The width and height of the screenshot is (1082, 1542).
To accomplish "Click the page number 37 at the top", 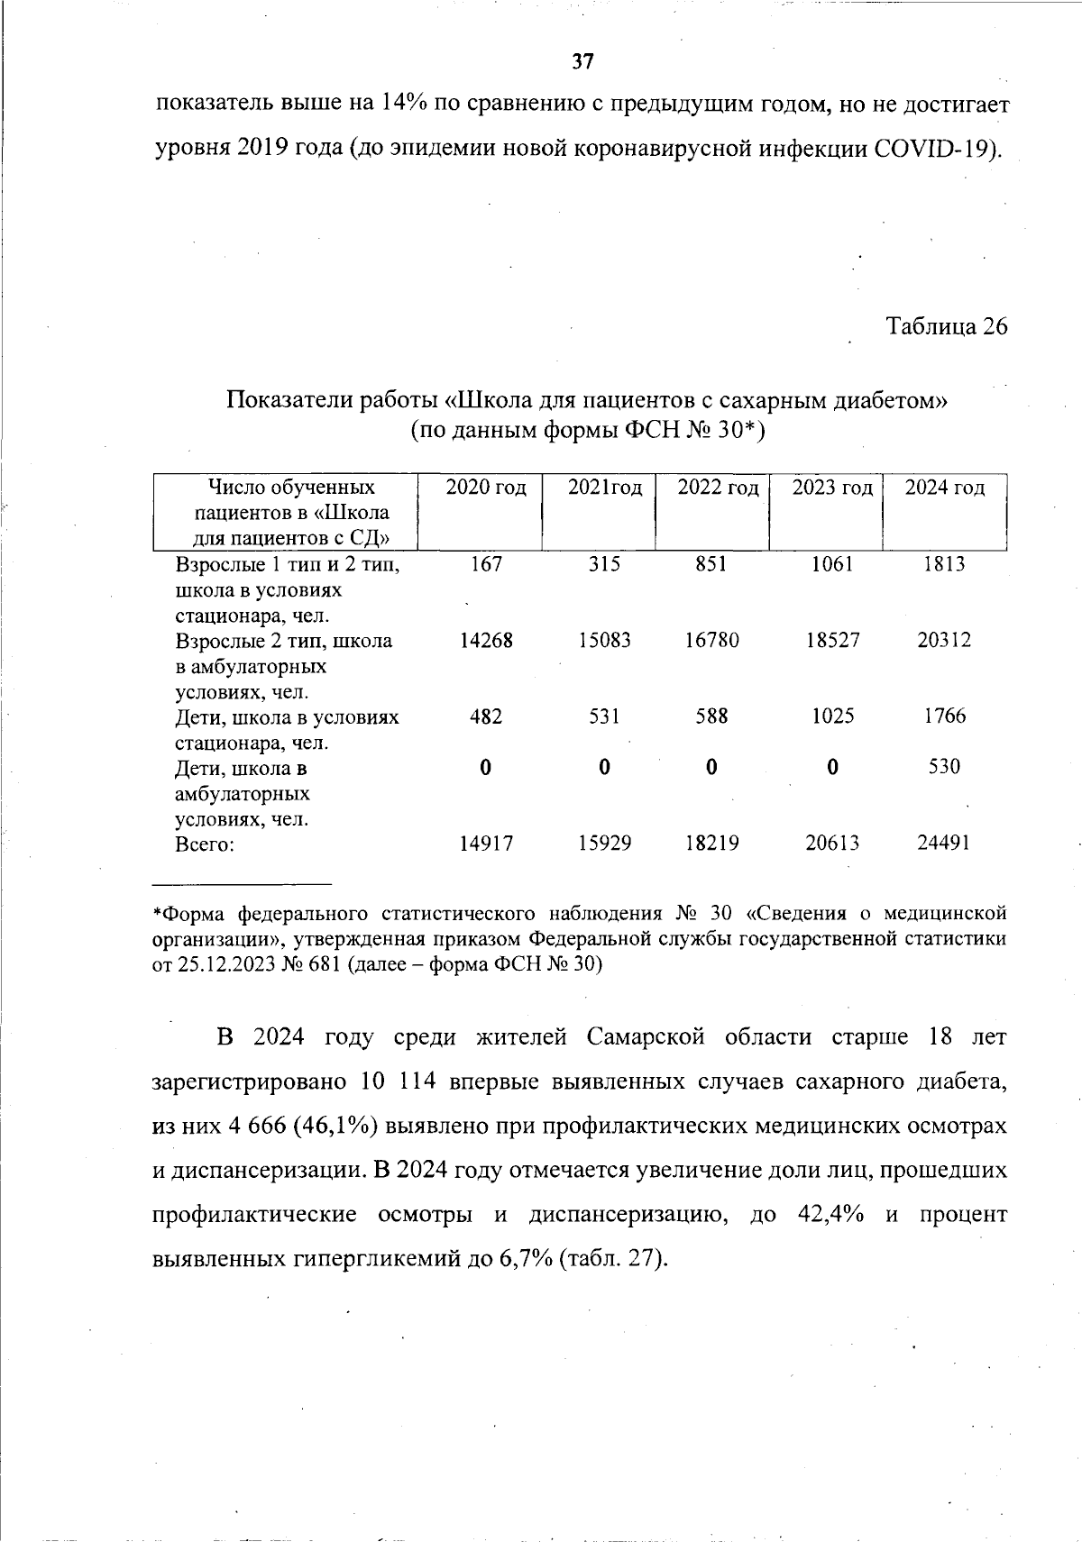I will [x=583, y=61].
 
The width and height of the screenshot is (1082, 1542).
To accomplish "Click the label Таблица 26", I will [x=947, y=326].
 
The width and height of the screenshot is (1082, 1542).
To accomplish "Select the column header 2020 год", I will [x=486, y=488].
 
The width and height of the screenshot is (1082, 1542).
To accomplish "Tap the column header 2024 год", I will [x=945, y=488].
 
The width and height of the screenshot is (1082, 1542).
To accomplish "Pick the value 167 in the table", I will [x=486, y=564].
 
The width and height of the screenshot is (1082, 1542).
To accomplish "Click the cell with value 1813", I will [x=944, y=564].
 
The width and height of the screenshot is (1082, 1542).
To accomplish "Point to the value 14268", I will [x=486, y=641].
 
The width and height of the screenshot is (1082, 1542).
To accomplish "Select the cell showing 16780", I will [x=711, y=641].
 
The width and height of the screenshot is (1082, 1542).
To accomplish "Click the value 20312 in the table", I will [x=944, y=641].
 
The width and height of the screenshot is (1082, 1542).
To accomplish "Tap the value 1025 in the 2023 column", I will [x=831, y=716].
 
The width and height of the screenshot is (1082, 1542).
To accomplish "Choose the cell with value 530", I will [x=944, y=767].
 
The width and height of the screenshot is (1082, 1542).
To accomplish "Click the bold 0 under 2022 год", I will [x=711, y=768].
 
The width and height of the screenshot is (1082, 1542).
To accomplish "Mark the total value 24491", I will [x=944, y=844].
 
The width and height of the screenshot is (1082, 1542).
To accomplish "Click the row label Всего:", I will [x=205, y=844].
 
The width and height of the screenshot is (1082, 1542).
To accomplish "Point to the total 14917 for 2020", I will [x=486, y=844].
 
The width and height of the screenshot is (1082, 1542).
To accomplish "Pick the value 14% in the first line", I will [x=404, y=104].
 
